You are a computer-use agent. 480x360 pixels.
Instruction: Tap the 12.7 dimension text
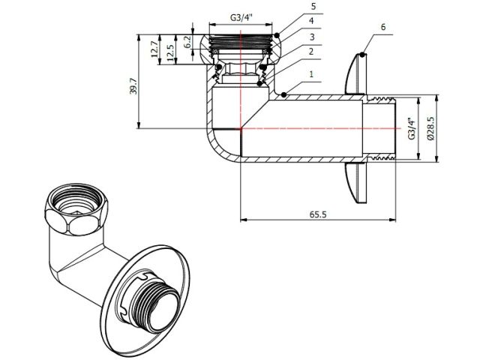click(x=154, y=50)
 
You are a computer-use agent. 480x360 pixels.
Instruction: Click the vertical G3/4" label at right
click(x=411, y=127)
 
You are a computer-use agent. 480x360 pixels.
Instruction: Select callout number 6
click(x=383, y=26)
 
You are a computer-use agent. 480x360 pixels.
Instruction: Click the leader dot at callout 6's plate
click(x=361, y=54)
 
